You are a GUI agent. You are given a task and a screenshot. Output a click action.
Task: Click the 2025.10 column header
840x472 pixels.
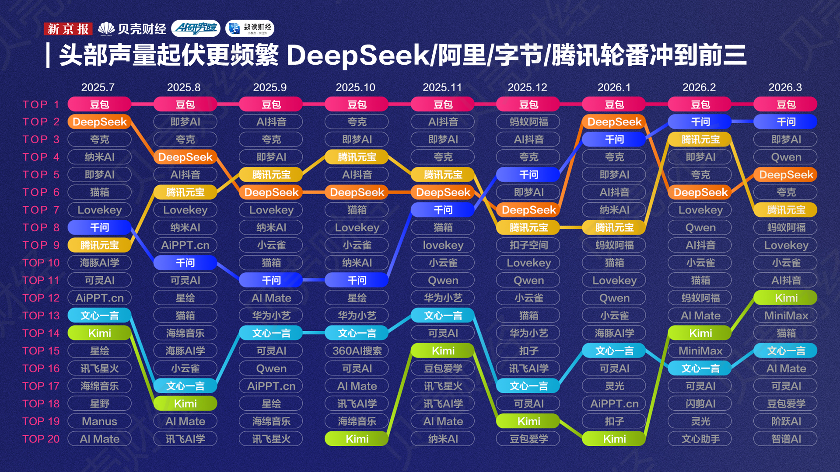355,87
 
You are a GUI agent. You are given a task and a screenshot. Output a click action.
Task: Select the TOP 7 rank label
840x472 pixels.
41,210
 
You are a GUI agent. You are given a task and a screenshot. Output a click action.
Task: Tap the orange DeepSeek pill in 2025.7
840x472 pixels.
100,122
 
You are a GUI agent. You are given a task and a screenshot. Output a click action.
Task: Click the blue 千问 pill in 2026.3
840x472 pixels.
786,122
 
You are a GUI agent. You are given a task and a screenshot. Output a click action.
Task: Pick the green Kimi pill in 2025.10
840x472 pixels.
357,439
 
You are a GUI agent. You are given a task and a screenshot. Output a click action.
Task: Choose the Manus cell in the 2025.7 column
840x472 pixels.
100,421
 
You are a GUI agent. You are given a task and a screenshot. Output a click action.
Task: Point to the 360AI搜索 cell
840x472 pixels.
357,351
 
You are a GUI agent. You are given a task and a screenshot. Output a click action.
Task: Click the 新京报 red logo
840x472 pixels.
68,29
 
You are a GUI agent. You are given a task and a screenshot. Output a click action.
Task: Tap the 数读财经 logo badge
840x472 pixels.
250,28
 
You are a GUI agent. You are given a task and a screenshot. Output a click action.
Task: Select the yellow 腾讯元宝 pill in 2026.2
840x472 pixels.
700,139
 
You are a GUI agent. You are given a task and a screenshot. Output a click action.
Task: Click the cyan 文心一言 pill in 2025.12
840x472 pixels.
528,386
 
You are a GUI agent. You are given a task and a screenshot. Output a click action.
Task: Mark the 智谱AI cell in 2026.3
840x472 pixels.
786,439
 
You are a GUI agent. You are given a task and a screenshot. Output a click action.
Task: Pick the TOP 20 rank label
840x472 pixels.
41,439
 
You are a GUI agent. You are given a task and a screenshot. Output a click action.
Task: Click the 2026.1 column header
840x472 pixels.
614,87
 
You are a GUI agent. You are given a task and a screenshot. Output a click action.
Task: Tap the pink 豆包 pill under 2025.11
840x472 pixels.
443,104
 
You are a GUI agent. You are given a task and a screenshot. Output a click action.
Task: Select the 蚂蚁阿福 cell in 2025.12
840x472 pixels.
528,122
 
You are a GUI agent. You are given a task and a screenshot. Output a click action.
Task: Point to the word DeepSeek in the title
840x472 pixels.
358,56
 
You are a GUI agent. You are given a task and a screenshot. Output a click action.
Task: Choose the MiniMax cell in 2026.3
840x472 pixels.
786,316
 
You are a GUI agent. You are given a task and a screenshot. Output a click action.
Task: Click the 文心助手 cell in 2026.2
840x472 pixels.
700,439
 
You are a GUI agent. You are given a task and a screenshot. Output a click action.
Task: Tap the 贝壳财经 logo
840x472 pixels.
132,29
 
